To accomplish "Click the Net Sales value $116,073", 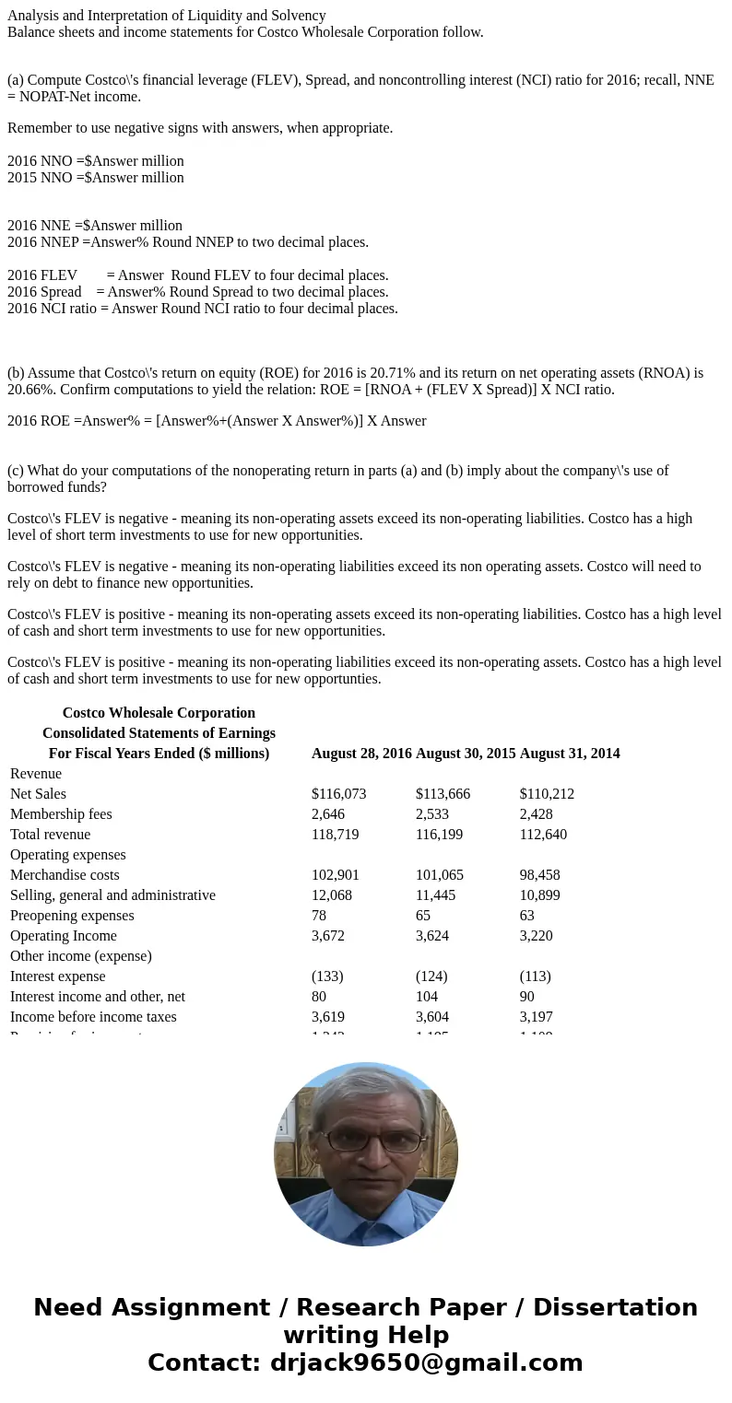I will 338,793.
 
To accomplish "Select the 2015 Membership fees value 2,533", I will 435,813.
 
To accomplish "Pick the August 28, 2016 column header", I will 361,753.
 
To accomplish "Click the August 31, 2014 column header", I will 569,753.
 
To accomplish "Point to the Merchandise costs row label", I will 65,874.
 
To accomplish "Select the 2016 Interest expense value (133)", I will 327,976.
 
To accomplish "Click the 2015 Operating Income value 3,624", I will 435,935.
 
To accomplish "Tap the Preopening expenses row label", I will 72,915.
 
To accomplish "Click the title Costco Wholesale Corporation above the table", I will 159,712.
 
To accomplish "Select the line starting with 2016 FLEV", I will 197,275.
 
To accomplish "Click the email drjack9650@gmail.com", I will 426,1362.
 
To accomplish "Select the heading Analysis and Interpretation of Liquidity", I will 166,15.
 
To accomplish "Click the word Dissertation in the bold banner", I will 615,1307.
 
